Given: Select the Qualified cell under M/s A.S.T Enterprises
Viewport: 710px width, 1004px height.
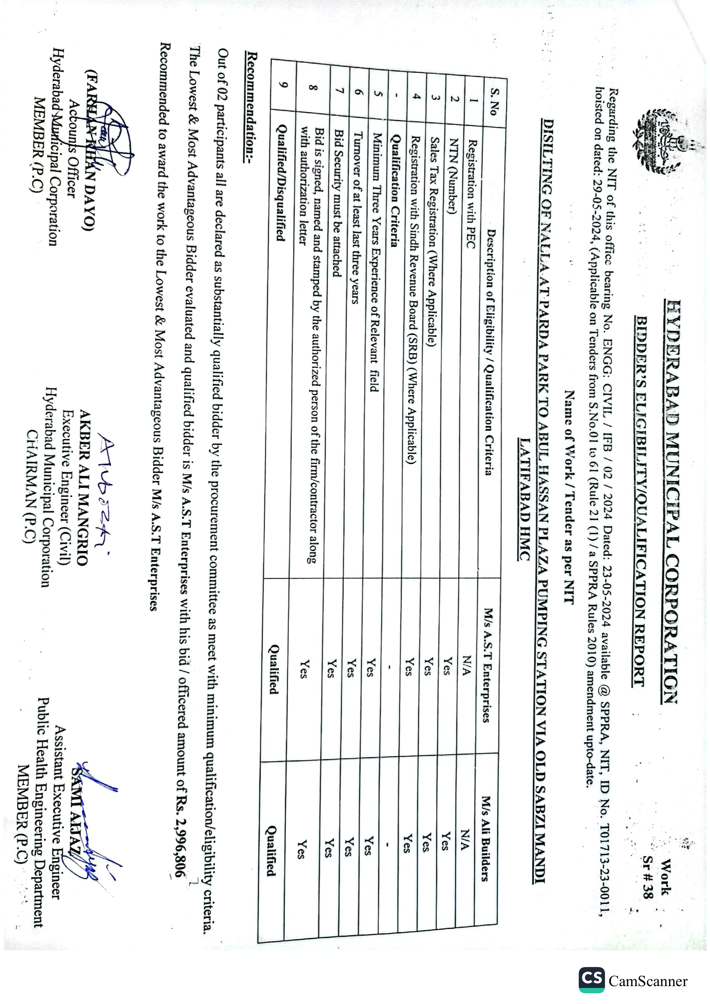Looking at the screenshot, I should point(274,669).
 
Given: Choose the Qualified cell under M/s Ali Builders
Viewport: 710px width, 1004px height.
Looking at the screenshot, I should point(271,850).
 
